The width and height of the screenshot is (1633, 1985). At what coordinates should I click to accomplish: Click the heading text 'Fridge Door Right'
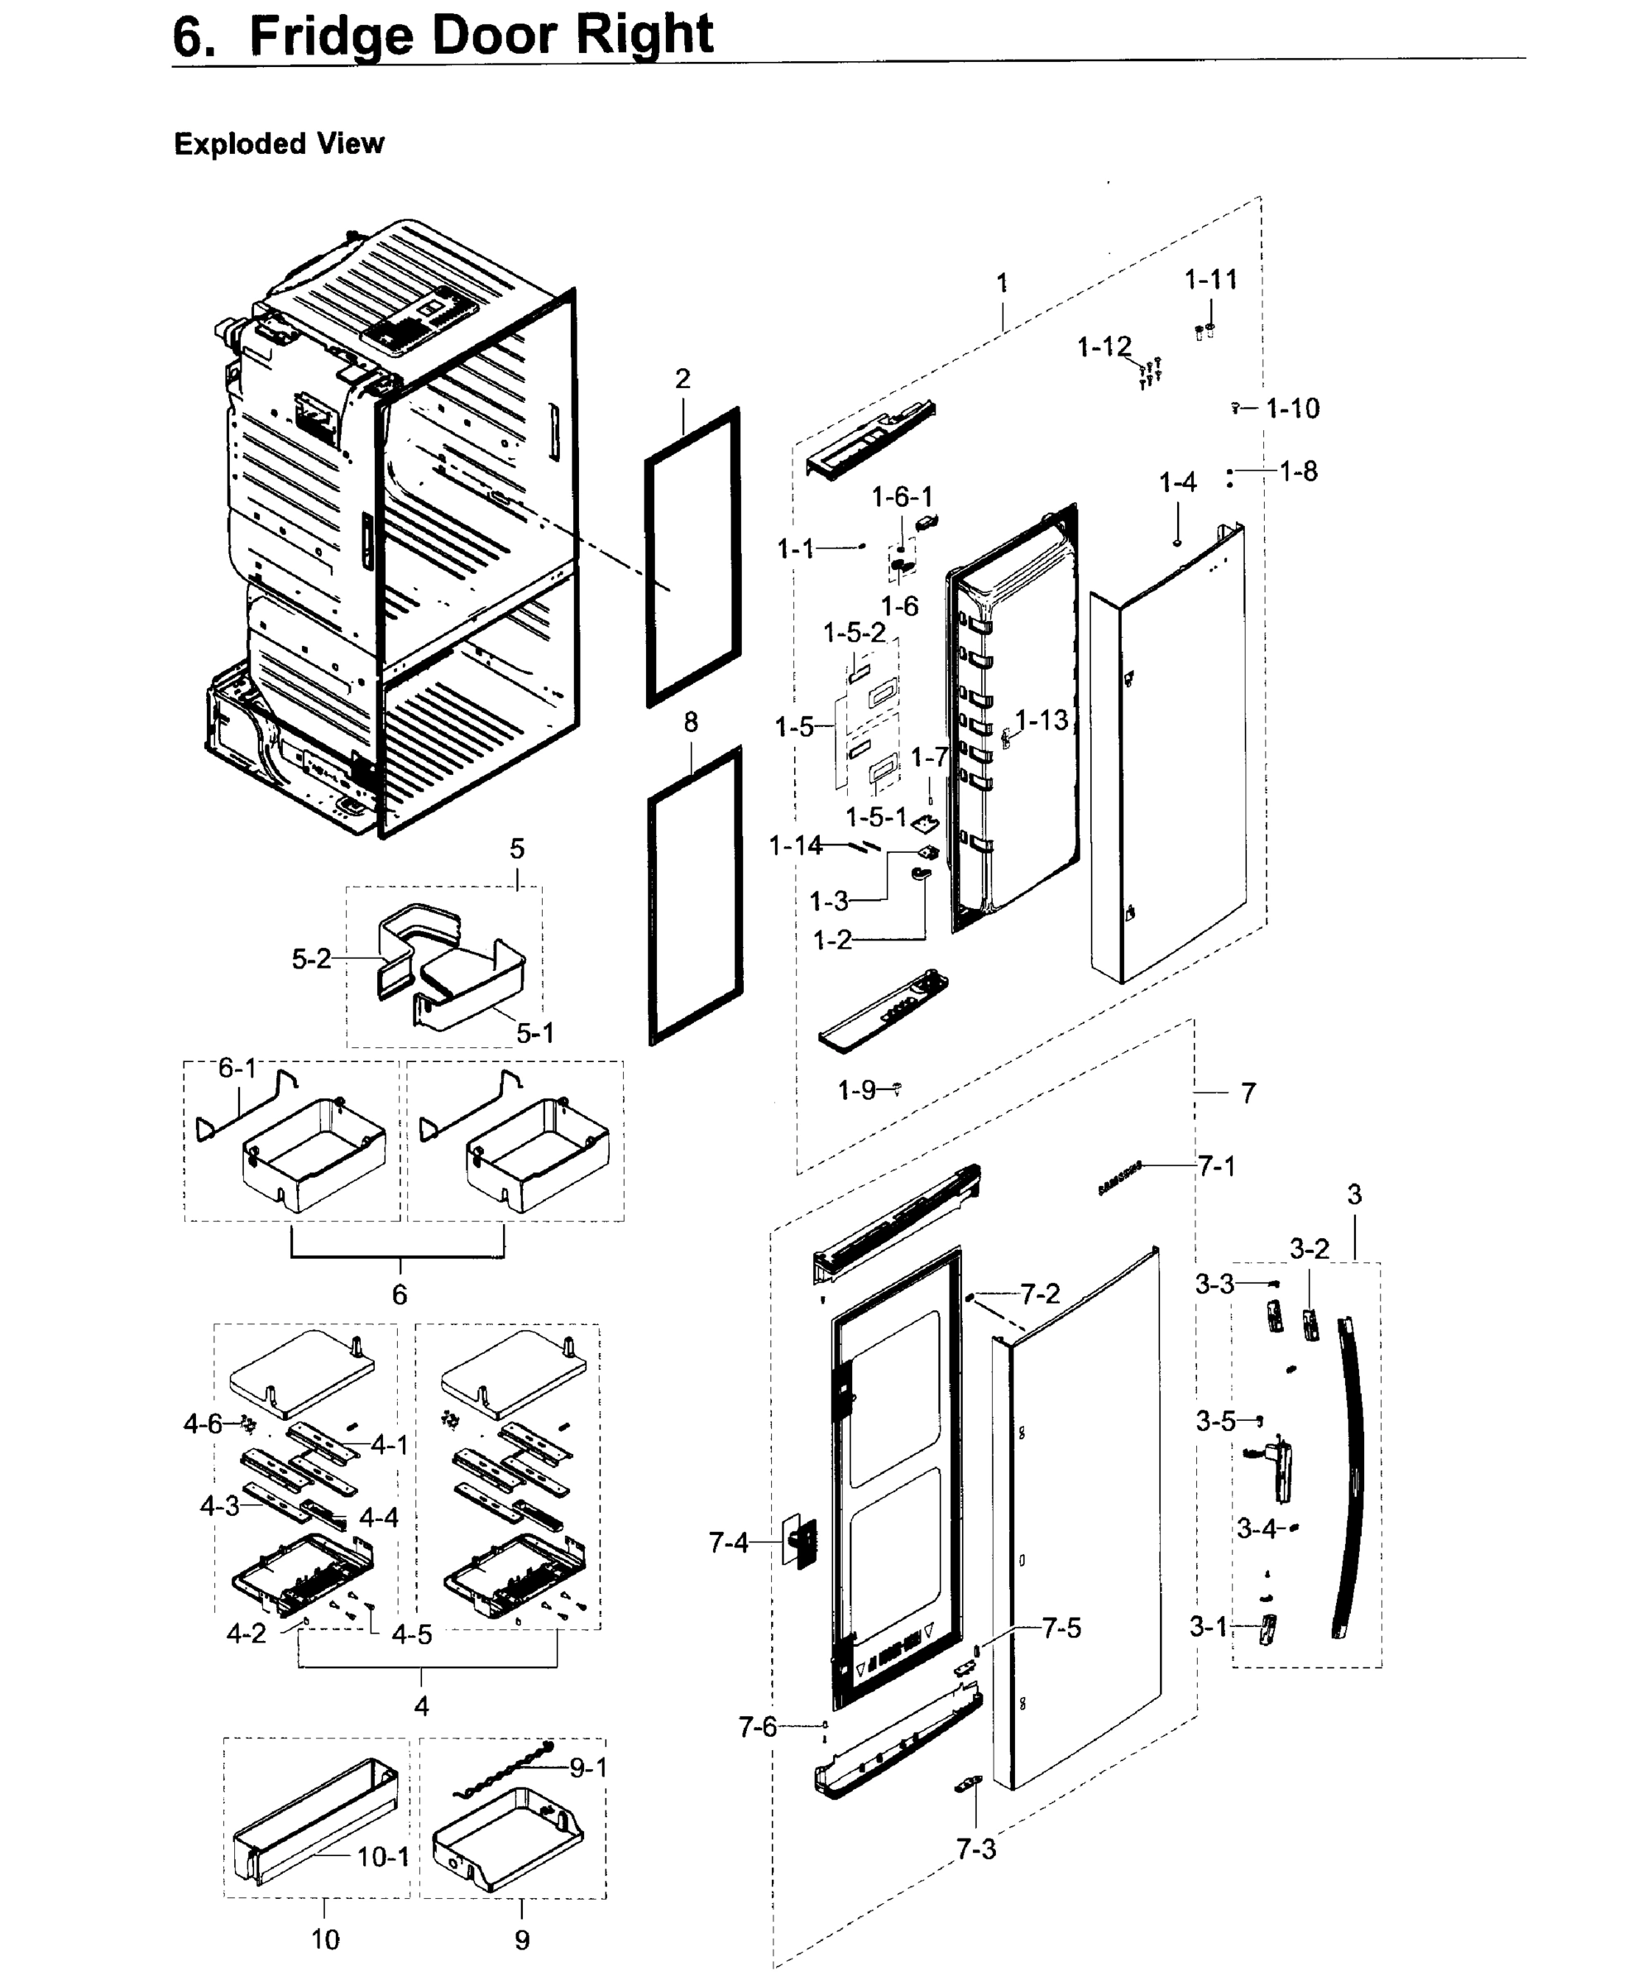[x=481, y=36]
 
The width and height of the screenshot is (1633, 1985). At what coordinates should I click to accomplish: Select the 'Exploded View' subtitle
[x=280, y=144]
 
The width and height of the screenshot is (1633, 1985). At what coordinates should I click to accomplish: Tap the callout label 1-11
[x=1210, y=280]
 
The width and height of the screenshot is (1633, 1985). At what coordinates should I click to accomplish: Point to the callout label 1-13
[x=1042, y=720]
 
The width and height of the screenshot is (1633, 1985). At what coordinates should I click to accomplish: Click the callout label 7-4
[x=728, y=1543]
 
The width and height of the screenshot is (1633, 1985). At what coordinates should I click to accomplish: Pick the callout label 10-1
[x=383, y=1857]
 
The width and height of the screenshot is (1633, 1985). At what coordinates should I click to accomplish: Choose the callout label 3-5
[x=1215, y=1422]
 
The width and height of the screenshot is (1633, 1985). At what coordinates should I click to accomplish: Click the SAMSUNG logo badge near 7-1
[x=1119, y=1177]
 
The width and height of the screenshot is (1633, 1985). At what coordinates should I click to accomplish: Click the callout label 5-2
[x=311, y=959]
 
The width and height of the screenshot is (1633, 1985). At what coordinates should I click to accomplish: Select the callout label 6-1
[x=237, y=1069]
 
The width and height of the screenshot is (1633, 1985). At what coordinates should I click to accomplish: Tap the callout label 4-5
[x=411, y=1635]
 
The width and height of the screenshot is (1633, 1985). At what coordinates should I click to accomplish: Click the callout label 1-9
[x=856, y=1090]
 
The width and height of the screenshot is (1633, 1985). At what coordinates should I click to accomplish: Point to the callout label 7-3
[x=975, y=1849]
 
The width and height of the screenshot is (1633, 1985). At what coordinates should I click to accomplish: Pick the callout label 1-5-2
[x=854, y=633]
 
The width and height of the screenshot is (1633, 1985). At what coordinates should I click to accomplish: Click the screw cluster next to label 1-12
[x=1150, y=373]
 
